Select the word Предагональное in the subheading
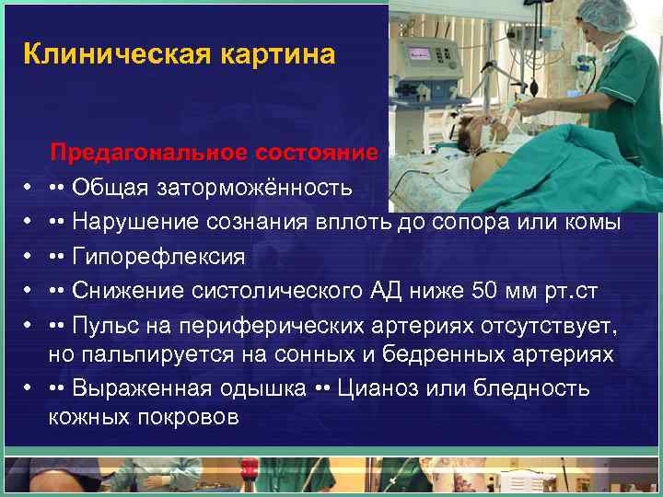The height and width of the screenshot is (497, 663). pyautogui.click(x=149, y=152)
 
